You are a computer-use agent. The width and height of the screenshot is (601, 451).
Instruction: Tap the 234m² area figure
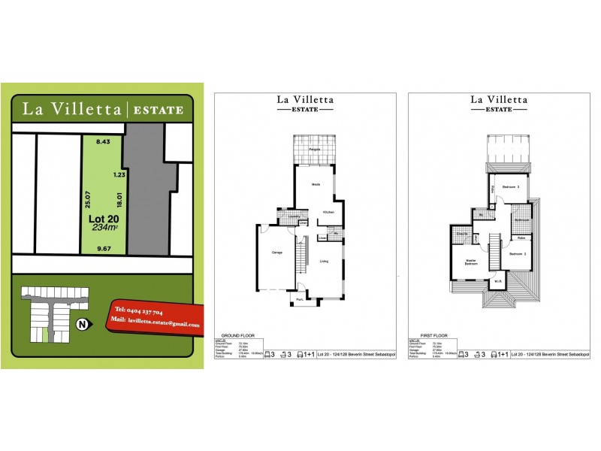pyautogui.click(x=104, y=228)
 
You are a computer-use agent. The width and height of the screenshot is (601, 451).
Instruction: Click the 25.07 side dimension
pyautogui.click(x=88, y=200)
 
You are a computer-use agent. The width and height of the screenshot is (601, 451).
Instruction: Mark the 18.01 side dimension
pyautogui.click(x=118, y=201)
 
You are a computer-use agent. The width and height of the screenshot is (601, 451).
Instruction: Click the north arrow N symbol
pyautogui.click(x=80, y=325)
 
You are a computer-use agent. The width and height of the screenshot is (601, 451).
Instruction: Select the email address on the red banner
pyautogui.click(x=156, y=325)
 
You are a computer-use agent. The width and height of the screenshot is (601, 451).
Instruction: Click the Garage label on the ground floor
pyautogui.click(x=276, y=252)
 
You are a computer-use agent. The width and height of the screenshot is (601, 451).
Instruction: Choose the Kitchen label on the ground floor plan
pyautogui.click(x=328, y=212)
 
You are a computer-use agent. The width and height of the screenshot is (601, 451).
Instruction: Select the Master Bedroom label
pyautogui.click(x=471, y=262)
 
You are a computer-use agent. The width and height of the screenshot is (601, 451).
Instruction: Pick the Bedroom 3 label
pyautogui.click(x=512, y=187)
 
